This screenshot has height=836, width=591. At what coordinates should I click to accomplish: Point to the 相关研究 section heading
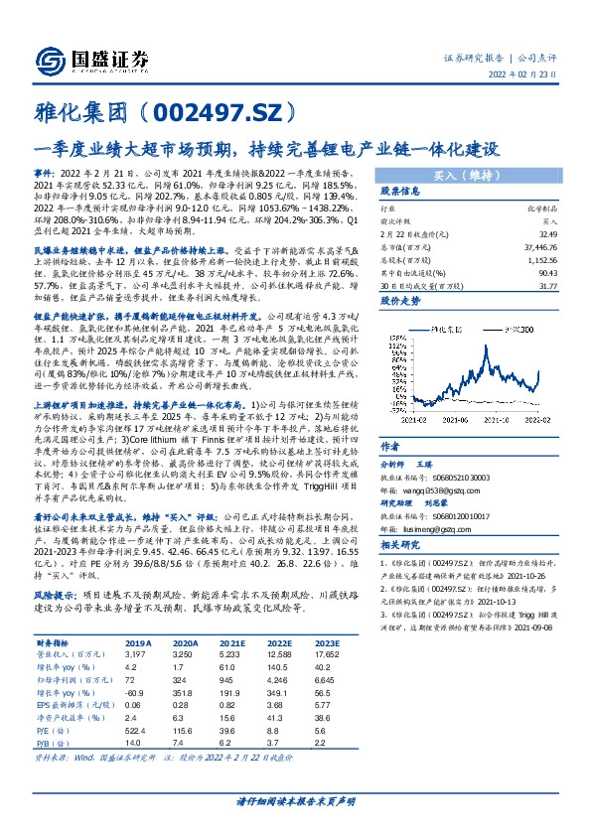(x=401, y=544)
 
